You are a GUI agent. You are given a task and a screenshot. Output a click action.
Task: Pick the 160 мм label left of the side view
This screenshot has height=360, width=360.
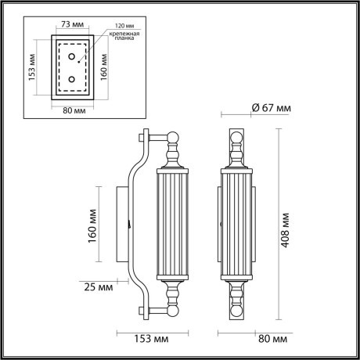[x=95, y=225]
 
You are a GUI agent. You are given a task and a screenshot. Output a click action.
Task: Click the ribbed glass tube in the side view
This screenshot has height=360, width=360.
[x=171, y=225]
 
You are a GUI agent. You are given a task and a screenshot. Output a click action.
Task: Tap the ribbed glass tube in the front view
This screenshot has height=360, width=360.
[x=236, y=225]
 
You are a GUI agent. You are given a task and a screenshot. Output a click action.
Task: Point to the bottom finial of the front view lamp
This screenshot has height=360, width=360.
[x=236, y=301]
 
